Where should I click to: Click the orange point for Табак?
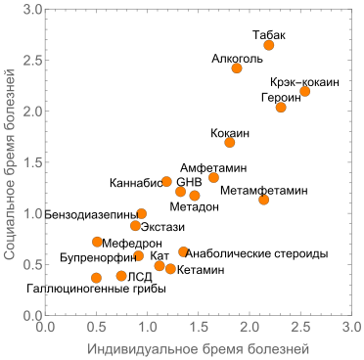(269, 45)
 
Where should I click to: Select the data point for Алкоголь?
(237, 68)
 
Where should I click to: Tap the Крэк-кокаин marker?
(305, 91)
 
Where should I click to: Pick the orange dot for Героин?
(281, 107)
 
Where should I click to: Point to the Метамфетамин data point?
(264, 200)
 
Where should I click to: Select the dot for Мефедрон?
(97, 242)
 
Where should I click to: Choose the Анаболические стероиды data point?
(183, 251)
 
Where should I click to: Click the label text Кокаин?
(230, 132)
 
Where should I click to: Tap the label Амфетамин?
(211, 167)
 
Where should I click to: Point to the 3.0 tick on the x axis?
(350, 326)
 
